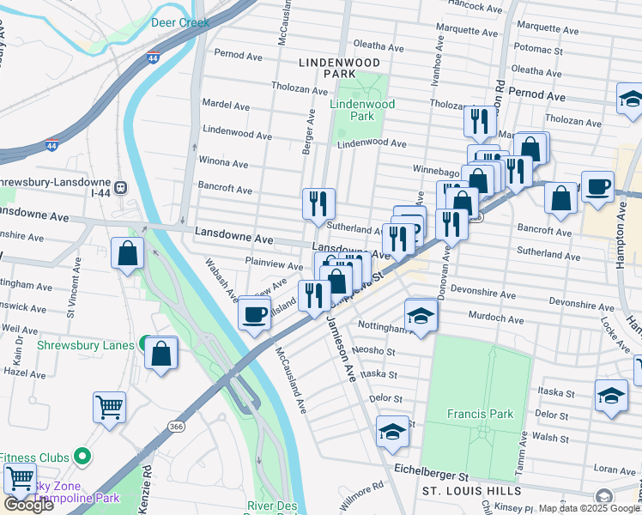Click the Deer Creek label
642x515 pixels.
[180, 23]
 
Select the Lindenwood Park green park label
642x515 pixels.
[363, 110]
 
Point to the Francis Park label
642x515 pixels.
[480, 414]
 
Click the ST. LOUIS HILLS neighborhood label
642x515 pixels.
[471, 491]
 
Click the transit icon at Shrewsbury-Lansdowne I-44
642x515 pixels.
[120, 186]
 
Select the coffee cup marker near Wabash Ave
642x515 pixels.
[254, 314]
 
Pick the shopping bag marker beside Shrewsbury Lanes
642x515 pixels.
[160, 353]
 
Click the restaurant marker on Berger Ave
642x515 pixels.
[318, 203]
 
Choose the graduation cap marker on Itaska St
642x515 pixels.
[610, 396]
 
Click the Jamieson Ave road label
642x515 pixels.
[340, 348]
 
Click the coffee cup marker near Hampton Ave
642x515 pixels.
[597, 186]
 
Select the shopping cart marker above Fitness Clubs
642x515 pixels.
[109, 407]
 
